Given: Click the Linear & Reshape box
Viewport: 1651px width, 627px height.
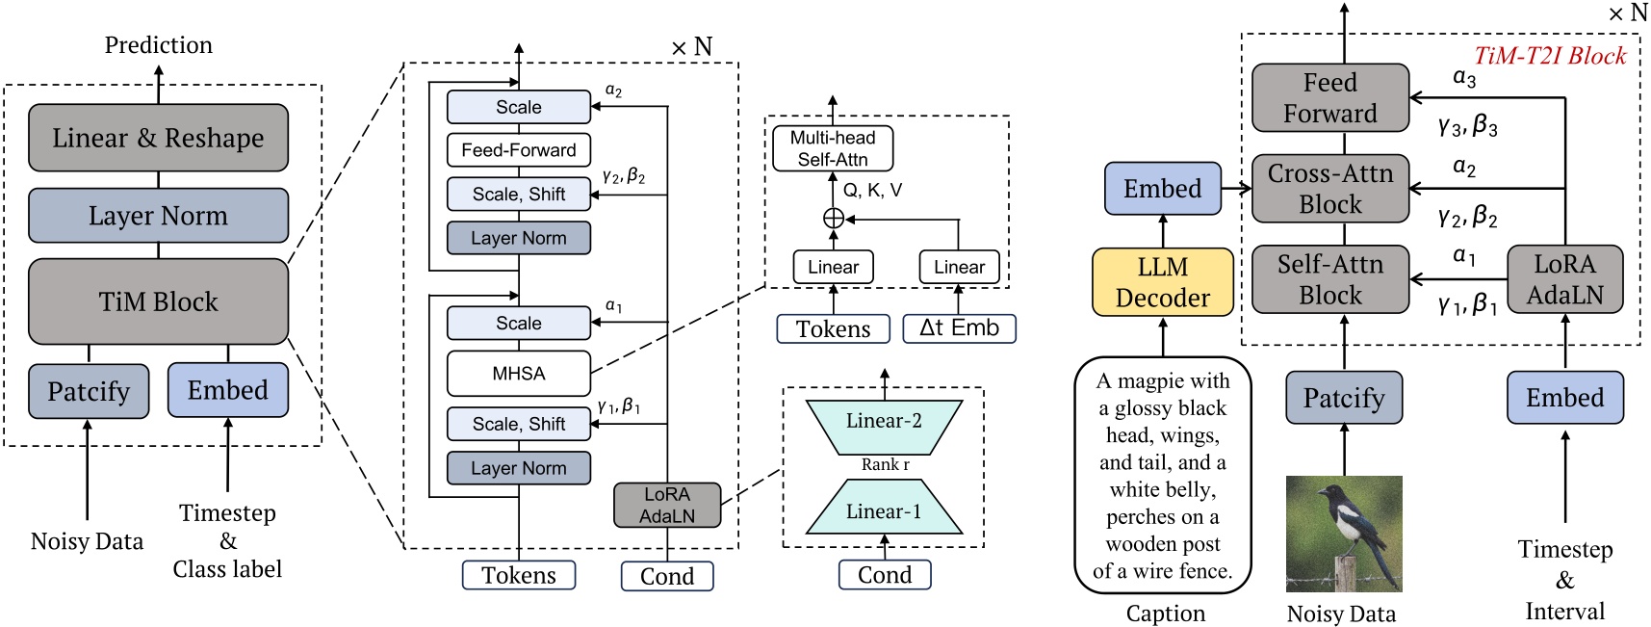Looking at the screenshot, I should point(158,138).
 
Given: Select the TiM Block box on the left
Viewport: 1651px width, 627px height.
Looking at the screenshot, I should point(158,301).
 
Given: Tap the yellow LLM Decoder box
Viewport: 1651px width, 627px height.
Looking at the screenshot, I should point(1162,282).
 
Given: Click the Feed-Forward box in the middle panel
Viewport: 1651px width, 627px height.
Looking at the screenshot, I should point(518,150).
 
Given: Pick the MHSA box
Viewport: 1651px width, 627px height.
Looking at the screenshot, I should point(518,374).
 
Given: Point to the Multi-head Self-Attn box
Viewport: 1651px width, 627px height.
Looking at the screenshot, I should point(832,148).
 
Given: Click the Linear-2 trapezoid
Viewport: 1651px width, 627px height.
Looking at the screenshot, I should point(884,421).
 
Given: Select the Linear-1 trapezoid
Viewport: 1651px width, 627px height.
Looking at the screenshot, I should point(884,511).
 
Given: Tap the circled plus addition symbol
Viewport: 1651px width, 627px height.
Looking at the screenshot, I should point(834,219).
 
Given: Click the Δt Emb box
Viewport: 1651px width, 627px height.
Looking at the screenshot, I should point(959,328).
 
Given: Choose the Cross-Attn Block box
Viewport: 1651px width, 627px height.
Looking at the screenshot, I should point(1329,189).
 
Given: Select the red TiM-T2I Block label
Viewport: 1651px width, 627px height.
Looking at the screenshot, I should point(1550,56).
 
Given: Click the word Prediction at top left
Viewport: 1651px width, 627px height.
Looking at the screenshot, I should point(158,45).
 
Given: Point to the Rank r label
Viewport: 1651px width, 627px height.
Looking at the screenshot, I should point(885,465).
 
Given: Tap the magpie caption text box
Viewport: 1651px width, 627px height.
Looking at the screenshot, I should point(1162,475).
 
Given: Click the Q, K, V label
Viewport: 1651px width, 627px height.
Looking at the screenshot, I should point(872,191).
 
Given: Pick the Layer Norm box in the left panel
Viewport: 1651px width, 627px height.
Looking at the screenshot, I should point(158,216).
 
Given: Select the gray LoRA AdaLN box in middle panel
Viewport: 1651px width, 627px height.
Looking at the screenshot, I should point(666,505).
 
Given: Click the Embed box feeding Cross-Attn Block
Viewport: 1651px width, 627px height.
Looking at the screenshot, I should point(1162,189).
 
